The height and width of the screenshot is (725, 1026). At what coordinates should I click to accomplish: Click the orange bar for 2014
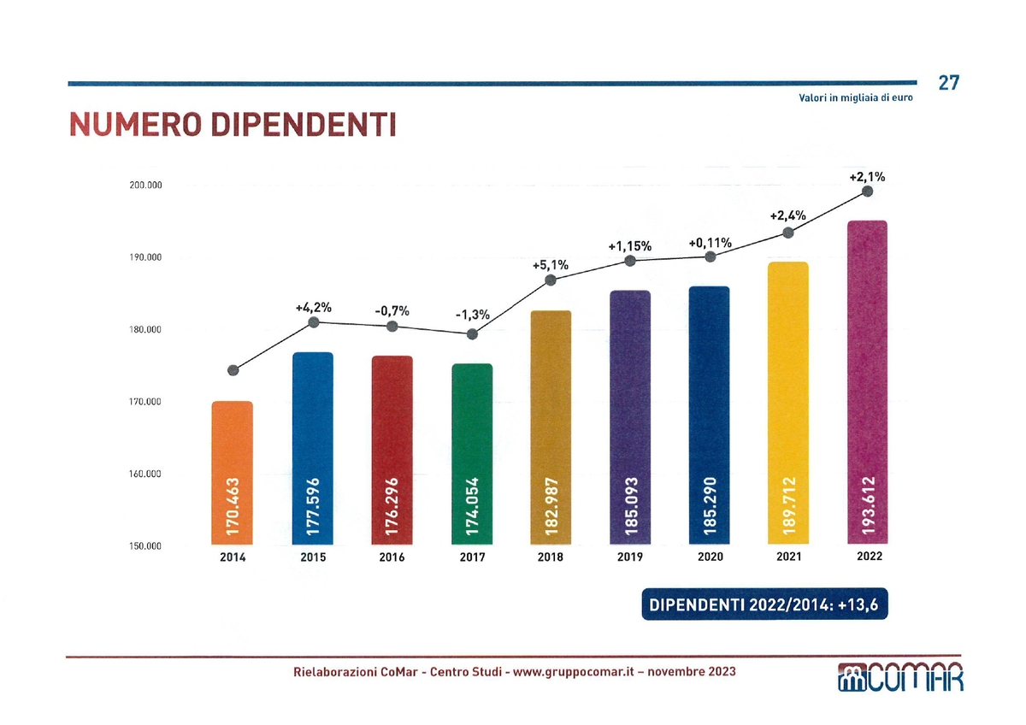[233, 472]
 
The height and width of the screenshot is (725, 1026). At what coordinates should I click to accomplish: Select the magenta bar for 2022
[867, 382]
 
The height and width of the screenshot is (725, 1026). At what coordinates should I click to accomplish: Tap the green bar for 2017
[472, 453]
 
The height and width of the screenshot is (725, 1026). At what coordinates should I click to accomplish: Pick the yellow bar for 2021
[788, 403]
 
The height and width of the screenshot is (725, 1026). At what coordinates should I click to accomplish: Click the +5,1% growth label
[550, 264]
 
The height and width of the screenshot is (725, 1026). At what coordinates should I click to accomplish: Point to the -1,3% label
[472, 315]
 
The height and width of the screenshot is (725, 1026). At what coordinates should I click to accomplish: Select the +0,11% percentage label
[710, 243]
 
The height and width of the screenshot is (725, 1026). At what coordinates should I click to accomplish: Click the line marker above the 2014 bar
[233, 370]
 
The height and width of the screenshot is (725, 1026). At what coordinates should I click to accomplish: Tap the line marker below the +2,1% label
[868, 192]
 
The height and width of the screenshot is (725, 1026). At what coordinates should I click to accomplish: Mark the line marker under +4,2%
[314, 322]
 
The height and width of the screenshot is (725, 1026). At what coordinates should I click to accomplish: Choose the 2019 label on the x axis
[630, 557]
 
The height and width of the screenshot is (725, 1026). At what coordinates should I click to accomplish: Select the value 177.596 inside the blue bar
[313, 506]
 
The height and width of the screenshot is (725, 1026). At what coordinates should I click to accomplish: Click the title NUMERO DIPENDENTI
[232, 126]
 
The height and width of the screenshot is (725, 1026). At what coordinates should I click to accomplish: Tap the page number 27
[948, 83]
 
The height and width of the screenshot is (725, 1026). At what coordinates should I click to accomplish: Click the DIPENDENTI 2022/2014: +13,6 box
[764, 605]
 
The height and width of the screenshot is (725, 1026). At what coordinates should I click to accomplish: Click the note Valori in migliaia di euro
[855, 98]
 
